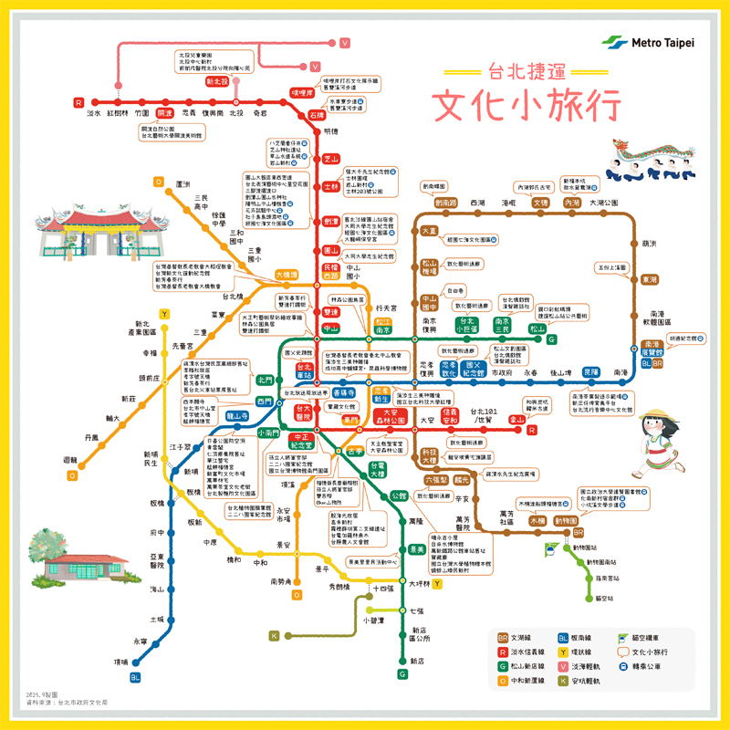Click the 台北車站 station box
[304, 370]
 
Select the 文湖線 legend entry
[516, 636]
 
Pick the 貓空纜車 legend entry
[652, 636]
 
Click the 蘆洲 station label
[182, 182]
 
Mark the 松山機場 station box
[430, 267]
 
